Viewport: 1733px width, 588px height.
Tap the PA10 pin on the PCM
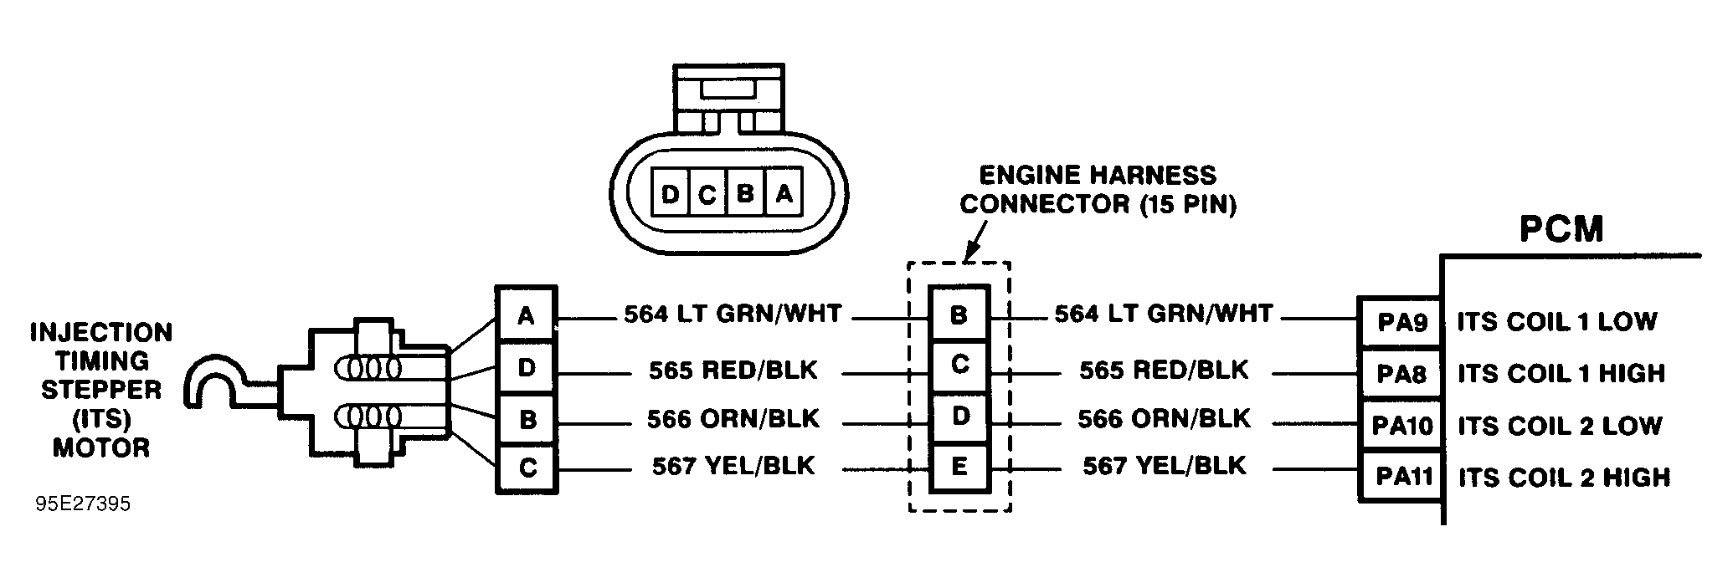1401,426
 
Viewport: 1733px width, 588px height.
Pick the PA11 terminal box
1401,478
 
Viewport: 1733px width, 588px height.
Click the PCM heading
1561,229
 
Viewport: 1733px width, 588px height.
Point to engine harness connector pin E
959,467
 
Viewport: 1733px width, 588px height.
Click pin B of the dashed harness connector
959,315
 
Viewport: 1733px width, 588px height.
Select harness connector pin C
959,365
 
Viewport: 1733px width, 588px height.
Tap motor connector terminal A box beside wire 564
526,315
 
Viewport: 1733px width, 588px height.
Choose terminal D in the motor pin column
526,367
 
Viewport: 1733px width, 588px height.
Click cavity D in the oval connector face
669,195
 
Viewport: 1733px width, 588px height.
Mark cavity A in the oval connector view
784,195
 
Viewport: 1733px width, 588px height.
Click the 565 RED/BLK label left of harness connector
733,370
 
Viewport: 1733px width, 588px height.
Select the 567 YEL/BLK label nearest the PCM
1164,466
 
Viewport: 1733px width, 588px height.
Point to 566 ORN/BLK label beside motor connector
733,418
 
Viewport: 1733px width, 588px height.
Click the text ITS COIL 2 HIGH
1563,478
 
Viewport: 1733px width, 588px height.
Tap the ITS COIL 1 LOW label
1556,322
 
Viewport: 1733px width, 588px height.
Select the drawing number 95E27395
83,506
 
